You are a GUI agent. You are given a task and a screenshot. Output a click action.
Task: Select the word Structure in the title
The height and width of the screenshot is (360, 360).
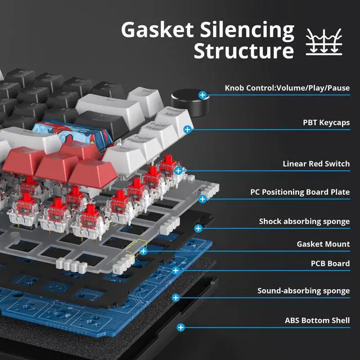(x=244, y=51)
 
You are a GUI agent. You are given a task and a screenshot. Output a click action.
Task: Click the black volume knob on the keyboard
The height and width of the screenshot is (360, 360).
(x=186, y=102)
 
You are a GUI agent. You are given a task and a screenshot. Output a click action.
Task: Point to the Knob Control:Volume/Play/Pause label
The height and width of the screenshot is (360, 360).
(x=287, y=88)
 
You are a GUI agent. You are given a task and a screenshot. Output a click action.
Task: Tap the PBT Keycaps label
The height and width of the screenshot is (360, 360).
(x=326, y=122)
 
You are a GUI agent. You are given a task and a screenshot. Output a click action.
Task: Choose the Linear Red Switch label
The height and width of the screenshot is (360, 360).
(x=316, y=164)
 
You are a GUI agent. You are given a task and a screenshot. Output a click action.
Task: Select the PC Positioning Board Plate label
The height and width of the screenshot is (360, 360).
(x=300, y=192)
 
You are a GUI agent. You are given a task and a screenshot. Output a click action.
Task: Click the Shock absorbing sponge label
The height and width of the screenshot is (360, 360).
(x=304, y=221)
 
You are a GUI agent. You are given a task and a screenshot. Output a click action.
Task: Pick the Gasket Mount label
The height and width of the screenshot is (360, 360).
(x=323, y=244)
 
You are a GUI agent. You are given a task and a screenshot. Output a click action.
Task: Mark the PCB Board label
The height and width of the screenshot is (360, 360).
(x=330, y=263)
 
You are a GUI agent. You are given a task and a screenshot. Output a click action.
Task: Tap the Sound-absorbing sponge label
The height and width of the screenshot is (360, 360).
(x=304, y=291)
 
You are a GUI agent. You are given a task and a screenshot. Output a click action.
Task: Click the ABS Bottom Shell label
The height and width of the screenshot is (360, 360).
(x=317, y=321)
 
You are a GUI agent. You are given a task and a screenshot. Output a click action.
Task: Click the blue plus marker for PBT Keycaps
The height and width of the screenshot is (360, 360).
(x=187, y=129)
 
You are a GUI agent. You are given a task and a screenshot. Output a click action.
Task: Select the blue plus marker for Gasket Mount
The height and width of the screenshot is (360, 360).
(x=144, y=251)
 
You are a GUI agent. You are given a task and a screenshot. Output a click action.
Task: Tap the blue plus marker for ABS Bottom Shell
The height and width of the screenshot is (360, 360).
(x=181, y=327)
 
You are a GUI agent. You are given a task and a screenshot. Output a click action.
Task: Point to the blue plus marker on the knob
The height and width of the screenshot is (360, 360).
(x=202, y=95)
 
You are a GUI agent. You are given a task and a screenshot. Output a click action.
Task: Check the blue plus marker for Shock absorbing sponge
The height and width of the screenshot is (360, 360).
(x=198, y=228)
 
